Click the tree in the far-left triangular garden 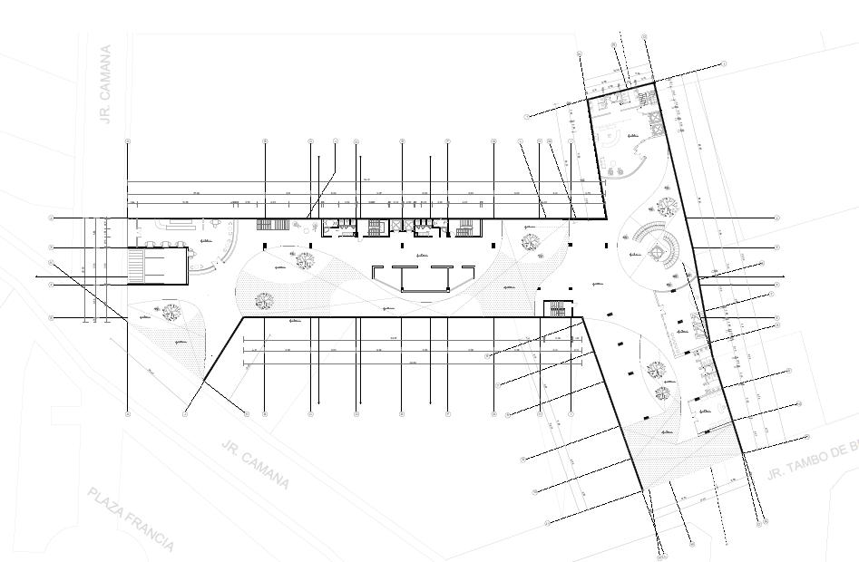click(170, 313)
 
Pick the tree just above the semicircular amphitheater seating click(666, 207)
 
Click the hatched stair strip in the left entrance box click(135, 266)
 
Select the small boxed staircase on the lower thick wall click(555, 308)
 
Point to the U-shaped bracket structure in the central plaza click(423, 276)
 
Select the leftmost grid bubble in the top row click(127, 141)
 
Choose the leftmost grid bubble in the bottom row click(127, 414)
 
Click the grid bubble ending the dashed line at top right click(725, 63)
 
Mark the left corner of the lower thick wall click(243, 317)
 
